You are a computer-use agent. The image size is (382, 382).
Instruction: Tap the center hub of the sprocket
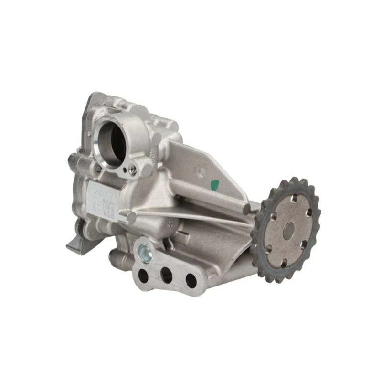[287, 231]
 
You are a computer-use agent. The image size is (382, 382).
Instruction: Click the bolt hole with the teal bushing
[144, 252]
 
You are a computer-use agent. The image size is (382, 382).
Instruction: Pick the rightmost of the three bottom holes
[191, 280]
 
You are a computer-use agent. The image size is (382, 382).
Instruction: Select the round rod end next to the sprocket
[246, 209]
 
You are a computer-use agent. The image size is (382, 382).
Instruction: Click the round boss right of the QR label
[130, 218]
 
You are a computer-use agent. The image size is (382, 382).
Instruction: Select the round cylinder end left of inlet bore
[73, 158]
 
